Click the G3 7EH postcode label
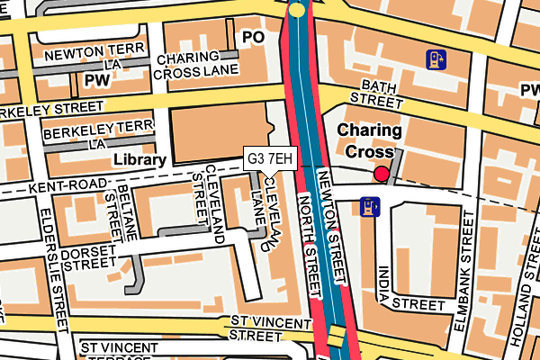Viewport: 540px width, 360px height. click(269, 159)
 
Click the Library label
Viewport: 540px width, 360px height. click(139, 160)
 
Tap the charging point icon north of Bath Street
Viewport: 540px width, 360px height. click(436, 60)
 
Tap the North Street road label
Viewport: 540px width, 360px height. click(309, 247)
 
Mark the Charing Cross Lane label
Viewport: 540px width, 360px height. click(196, 67)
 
